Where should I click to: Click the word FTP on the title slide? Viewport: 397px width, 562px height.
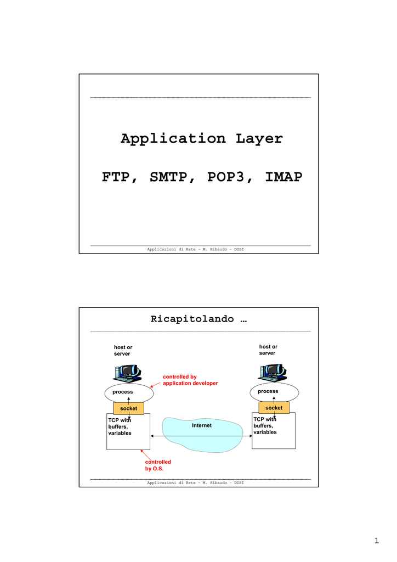coord(116,177)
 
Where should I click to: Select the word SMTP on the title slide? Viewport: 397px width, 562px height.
coord(168,177)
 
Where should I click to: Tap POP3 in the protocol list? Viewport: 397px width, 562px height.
coord(226,177)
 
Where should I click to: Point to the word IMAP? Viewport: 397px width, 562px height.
coord(283,177)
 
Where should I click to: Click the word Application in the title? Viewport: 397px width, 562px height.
coord(173,139)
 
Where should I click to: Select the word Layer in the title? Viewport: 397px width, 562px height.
coord(259,139)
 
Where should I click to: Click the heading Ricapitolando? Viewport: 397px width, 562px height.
coord(192,319)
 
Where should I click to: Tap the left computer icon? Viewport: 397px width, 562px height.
coord(127,373)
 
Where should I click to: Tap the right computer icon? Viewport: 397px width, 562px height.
coord(273,373)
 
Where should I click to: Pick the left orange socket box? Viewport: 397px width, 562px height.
coord(128,408)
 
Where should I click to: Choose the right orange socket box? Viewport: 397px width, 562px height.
coord(274,408)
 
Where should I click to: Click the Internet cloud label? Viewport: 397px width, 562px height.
coord(202,425)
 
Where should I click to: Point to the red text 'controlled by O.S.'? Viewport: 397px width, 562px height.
coord(158,465)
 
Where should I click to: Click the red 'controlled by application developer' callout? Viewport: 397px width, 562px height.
coord(190,380)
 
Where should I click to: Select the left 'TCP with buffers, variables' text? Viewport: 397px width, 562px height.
coord(120,426)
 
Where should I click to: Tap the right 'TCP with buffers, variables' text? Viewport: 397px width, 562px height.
coord(265,426)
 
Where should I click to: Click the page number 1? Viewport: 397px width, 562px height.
coord(376,541)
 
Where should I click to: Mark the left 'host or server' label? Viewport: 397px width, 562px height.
coord(123,351)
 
